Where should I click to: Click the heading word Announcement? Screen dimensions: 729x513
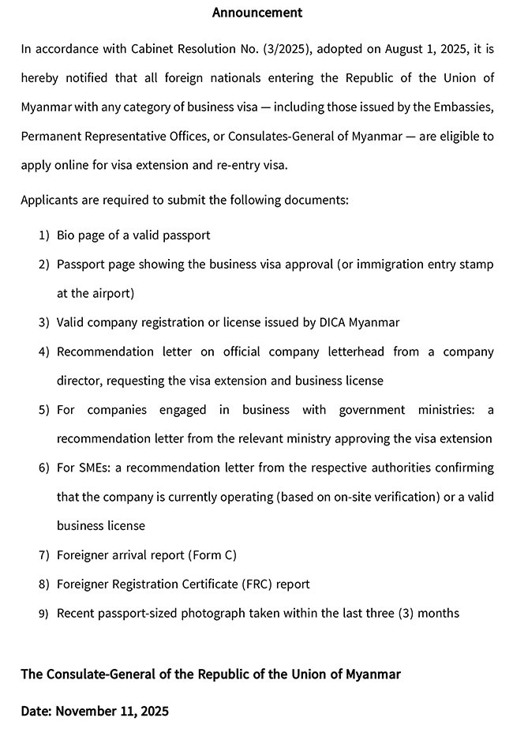(257, 13)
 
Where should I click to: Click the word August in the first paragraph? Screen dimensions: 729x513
(407, 49)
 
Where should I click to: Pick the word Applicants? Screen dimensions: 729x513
(49, 200)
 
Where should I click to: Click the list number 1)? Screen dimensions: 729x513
(44, 235)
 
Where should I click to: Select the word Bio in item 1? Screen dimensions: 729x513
(66, 235)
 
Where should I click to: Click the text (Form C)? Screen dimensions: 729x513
(212, 555)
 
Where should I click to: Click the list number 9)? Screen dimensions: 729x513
(44, 614)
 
